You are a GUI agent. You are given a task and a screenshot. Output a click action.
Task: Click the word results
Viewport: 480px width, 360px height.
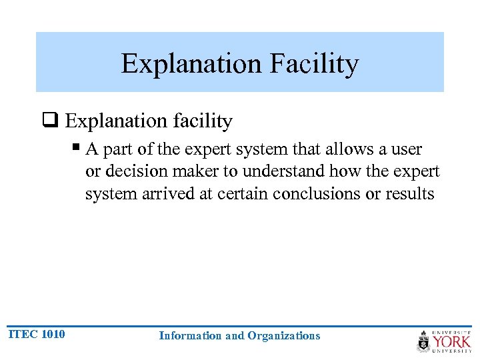coord(411,194)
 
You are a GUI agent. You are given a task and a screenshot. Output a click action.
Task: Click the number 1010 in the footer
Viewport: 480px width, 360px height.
coord(53,334)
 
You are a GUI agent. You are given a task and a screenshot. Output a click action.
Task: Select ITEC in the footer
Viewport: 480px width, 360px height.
coord(23,334)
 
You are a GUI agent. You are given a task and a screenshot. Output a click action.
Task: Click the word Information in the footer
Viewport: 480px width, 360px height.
coord(191,336)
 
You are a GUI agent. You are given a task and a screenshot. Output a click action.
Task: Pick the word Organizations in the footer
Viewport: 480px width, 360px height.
coord(283,336)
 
